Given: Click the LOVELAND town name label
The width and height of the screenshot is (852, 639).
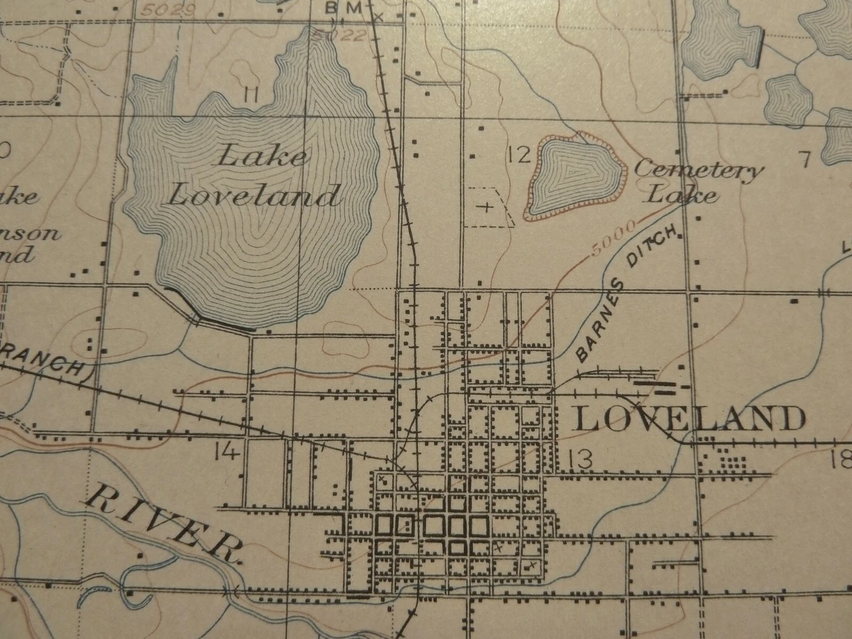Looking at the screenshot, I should [x=689, y=418].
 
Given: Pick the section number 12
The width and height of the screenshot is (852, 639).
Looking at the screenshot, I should [x=520, y=154].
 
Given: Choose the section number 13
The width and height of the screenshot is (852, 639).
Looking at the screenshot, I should [x=579, y=459].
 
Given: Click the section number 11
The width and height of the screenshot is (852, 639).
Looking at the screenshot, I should [x=248, y=94].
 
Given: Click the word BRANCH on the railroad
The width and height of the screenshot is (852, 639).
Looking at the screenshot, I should [x=43, y=359].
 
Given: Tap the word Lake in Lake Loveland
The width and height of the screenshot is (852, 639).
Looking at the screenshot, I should [x=263, y=154].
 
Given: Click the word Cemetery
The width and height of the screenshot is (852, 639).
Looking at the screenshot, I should [x=699, y=170].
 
